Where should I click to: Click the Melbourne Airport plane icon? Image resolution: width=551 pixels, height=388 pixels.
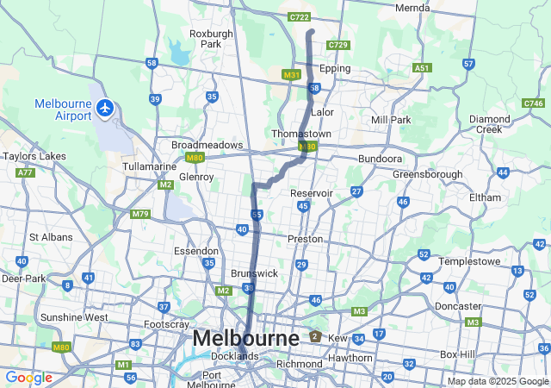coord(105,109)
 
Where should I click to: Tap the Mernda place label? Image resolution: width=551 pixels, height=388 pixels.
coord(412,8)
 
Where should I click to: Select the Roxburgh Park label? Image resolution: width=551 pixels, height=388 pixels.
coord(211,40)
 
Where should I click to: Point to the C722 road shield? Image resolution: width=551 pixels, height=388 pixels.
coord(300,16)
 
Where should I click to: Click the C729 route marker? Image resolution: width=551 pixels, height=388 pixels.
coord(338,45)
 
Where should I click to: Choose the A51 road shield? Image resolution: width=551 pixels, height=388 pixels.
coord(422,67)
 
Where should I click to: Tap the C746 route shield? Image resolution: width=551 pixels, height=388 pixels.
coord(533,103)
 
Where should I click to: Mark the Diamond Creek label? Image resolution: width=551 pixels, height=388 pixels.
coord(489,124)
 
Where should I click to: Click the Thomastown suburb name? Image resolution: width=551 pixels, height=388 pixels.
coord(301,135)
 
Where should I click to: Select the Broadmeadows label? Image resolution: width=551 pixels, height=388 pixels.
coord(207,145)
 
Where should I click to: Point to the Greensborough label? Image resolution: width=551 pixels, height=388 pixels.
coord(427,174)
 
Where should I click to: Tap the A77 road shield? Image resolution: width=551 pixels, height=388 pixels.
coord(26,172)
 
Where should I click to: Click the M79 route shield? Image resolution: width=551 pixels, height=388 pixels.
coord(140,214)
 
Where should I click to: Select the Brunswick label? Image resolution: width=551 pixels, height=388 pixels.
coord(255,272)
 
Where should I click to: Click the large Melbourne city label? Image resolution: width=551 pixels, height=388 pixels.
coord(246,338)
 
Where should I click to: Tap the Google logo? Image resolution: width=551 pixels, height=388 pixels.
coord(28,378)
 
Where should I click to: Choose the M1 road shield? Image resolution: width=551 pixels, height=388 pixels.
coord(123,366)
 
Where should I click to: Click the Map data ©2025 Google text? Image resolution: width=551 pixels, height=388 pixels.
coord(497,381)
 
